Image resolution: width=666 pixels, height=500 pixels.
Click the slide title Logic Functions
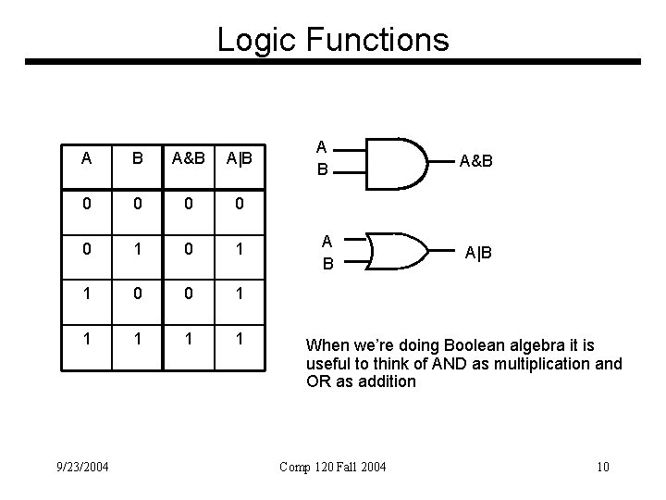point(333,39)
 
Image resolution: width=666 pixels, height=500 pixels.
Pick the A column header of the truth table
point(86,157)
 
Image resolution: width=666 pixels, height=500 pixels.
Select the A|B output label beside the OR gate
point(478,253)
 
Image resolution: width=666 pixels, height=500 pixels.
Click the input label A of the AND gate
point(321,146)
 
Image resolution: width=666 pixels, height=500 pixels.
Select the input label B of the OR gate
point(327,263)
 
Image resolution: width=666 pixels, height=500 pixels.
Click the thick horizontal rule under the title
point(333,62)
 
